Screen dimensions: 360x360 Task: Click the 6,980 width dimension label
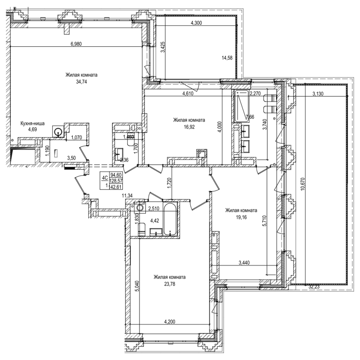pos(78,44)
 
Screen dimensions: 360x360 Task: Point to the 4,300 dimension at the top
pos(197,23)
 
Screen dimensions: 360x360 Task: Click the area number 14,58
pos(227,58)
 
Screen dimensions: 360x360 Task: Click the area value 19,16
pos(241,217)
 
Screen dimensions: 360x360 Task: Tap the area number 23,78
pos(169,284)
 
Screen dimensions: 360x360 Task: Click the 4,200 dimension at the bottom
pos(170,322)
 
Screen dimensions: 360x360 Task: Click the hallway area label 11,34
pos(128,196)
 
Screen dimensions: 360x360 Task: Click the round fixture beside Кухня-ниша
pos(58,132)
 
